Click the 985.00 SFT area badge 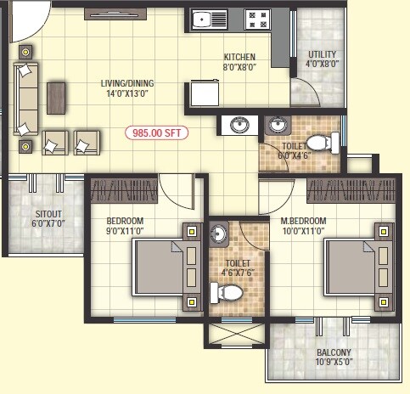coord(157,132)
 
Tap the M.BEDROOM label coord(303,222)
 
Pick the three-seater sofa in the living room coord(26,98)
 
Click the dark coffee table coord(57,98)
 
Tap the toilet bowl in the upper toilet coord(318,143)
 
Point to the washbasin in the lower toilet coord(217,234)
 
